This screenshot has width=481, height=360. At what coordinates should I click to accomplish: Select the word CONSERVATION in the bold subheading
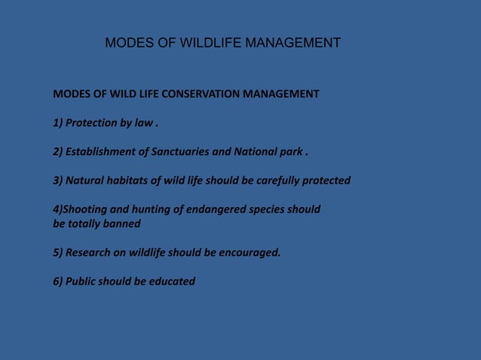(x=198, y=94)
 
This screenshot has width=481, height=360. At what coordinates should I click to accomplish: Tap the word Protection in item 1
(x=91, y=123)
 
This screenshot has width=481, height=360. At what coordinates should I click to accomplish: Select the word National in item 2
(x=255, y=151)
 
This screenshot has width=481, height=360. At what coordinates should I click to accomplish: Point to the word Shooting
(x=86, y=209)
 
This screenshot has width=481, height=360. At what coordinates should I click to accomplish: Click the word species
(x=274, y=209)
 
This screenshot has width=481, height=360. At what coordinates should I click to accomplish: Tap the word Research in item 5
(x=88, y=252)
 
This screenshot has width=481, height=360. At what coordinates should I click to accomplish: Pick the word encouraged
(x=250, y=252)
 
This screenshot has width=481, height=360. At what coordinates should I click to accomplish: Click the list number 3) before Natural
(x=57, y=181)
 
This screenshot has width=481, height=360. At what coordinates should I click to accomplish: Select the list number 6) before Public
(x=57, y=281)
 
